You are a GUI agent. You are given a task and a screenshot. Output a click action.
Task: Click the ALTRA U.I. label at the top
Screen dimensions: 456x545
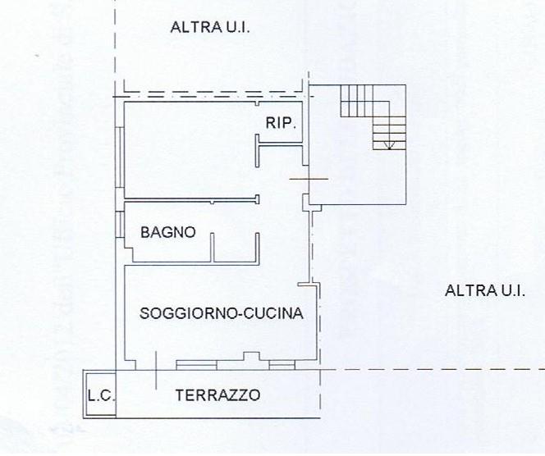209,28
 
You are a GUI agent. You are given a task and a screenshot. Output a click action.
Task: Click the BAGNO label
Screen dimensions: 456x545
168,232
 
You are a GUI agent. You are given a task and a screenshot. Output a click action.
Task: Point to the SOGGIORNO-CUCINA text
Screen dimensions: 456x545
222,312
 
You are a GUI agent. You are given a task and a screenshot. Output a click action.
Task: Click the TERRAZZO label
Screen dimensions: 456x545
218,395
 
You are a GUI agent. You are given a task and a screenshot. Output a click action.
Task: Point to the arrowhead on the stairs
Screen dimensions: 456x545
390,147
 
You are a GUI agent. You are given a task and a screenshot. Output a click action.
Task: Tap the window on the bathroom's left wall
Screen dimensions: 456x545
120,223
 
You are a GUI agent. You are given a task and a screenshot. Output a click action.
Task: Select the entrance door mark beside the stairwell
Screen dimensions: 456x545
309,179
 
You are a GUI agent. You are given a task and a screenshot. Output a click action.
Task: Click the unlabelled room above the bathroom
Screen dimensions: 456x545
189,152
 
